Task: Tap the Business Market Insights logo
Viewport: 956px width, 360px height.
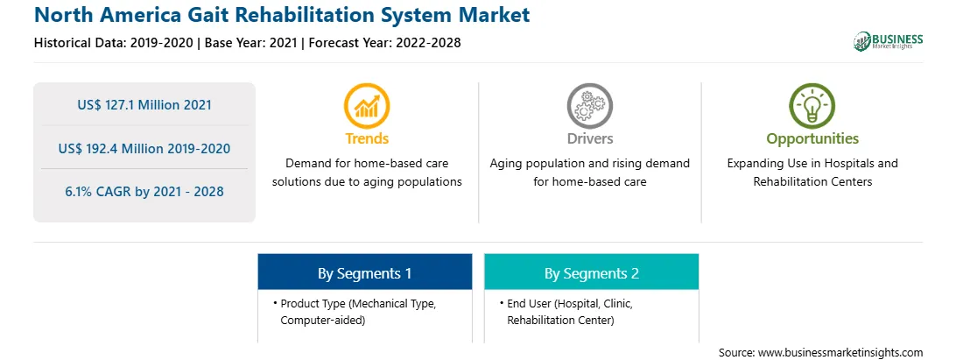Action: (888, 41)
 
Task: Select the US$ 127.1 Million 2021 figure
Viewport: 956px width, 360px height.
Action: (144, 105)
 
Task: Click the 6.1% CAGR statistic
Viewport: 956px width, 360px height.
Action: (144, 192)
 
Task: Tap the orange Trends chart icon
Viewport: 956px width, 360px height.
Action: (367, 106)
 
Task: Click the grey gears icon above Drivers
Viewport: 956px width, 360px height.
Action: (589, 106)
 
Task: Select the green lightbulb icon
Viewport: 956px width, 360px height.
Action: (812, 106)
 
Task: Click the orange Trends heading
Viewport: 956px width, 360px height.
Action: (367, 138)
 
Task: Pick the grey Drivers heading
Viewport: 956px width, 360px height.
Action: (590, 138)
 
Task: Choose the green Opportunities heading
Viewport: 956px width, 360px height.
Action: (812, 139)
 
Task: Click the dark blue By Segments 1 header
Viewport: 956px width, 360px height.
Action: (364, 272)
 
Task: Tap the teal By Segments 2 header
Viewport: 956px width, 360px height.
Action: (592, 272)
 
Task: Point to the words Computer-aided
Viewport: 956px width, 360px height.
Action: (322, 321)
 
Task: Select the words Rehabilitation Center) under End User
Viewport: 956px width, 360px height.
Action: (560, 321)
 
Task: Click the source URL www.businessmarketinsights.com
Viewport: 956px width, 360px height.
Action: (840, 353)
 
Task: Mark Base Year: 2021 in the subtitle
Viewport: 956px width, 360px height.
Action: (251, 43)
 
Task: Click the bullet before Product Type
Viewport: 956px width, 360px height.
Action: (276, 303)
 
